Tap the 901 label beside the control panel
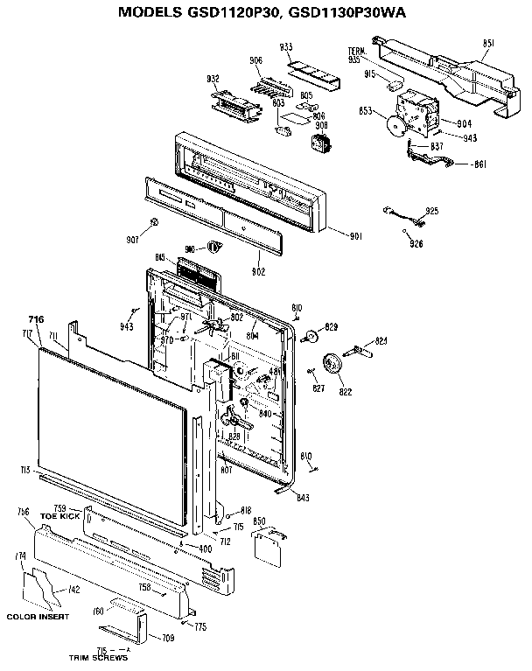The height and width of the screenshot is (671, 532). coord(355,235)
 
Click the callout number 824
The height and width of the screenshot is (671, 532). coord(381,340)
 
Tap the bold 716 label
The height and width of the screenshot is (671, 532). coord(36,319)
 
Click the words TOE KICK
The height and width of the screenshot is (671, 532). coord(59,517)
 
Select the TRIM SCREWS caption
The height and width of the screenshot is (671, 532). coord(98,657)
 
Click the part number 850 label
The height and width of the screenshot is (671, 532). coord(259,521)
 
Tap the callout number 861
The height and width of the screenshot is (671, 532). coord(479,164)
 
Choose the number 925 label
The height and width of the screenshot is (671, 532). coord(431,212)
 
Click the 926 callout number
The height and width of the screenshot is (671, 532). coord(416,244)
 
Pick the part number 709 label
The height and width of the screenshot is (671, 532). coord(168,639)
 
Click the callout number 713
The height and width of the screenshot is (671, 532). coord(26,470)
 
